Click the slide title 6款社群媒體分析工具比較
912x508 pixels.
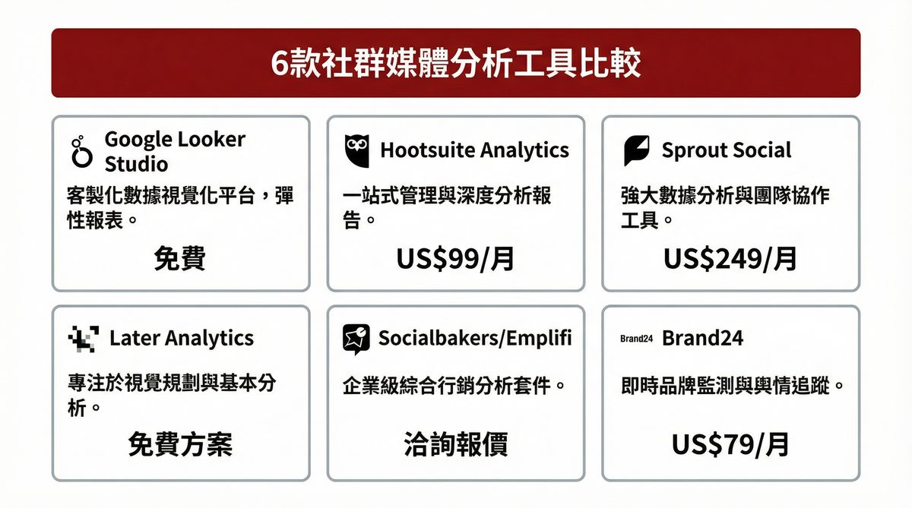click(455, 64)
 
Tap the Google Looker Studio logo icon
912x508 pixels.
click(81, 152)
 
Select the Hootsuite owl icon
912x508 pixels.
click(356, 150)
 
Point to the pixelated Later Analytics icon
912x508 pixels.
click(83, 339)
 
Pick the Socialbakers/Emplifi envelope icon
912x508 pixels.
click(356, 339)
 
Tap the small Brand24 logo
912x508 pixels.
click(637, 339)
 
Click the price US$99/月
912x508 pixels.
click(455, 259)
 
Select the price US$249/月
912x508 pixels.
click(730, 259)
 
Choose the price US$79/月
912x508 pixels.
click(730, 445)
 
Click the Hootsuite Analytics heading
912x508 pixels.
click(474, 150)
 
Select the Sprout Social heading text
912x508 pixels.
click(727, 150)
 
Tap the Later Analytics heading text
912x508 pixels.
click(182, 338)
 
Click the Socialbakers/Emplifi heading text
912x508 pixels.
click(475, 338)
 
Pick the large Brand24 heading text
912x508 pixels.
click(703, 338)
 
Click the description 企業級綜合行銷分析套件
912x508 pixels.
click(454, 385)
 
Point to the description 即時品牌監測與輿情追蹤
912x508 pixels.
click(733, 385)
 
